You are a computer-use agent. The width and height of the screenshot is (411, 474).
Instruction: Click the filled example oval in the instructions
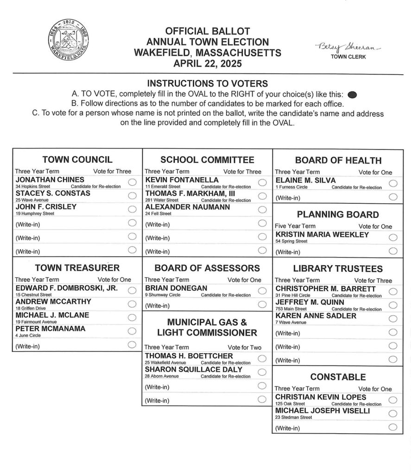(352, 94)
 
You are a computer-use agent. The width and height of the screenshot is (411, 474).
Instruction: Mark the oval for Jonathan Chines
(132, 182)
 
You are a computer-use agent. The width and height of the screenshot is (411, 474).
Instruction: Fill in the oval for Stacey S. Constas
(132, 196)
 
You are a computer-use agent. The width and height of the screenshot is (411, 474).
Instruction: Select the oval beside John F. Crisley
(132, 209)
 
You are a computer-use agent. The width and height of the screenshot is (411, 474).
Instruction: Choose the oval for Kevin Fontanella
(262, 182)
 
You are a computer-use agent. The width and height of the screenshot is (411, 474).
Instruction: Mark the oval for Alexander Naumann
(262, 209)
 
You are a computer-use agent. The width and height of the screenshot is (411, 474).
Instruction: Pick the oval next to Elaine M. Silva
(393, 183)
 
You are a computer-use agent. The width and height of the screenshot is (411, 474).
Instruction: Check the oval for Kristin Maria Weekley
(393, 237)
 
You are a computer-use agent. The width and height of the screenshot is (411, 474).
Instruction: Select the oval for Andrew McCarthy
(132, 304)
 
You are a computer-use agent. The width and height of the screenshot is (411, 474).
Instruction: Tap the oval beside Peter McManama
(132, 331)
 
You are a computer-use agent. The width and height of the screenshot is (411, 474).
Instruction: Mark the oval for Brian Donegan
(262, 290)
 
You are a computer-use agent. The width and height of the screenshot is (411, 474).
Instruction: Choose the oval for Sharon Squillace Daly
(262, 372)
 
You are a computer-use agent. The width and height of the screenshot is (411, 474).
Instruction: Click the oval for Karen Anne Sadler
(393, 318)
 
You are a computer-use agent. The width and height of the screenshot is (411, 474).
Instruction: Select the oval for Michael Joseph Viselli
(393, 413)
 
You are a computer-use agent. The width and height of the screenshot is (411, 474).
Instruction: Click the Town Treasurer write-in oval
(132, 344)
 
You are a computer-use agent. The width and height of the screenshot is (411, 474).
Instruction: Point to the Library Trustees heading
(338, 268)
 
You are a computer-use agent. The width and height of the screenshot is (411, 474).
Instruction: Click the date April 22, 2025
(207, 64)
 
